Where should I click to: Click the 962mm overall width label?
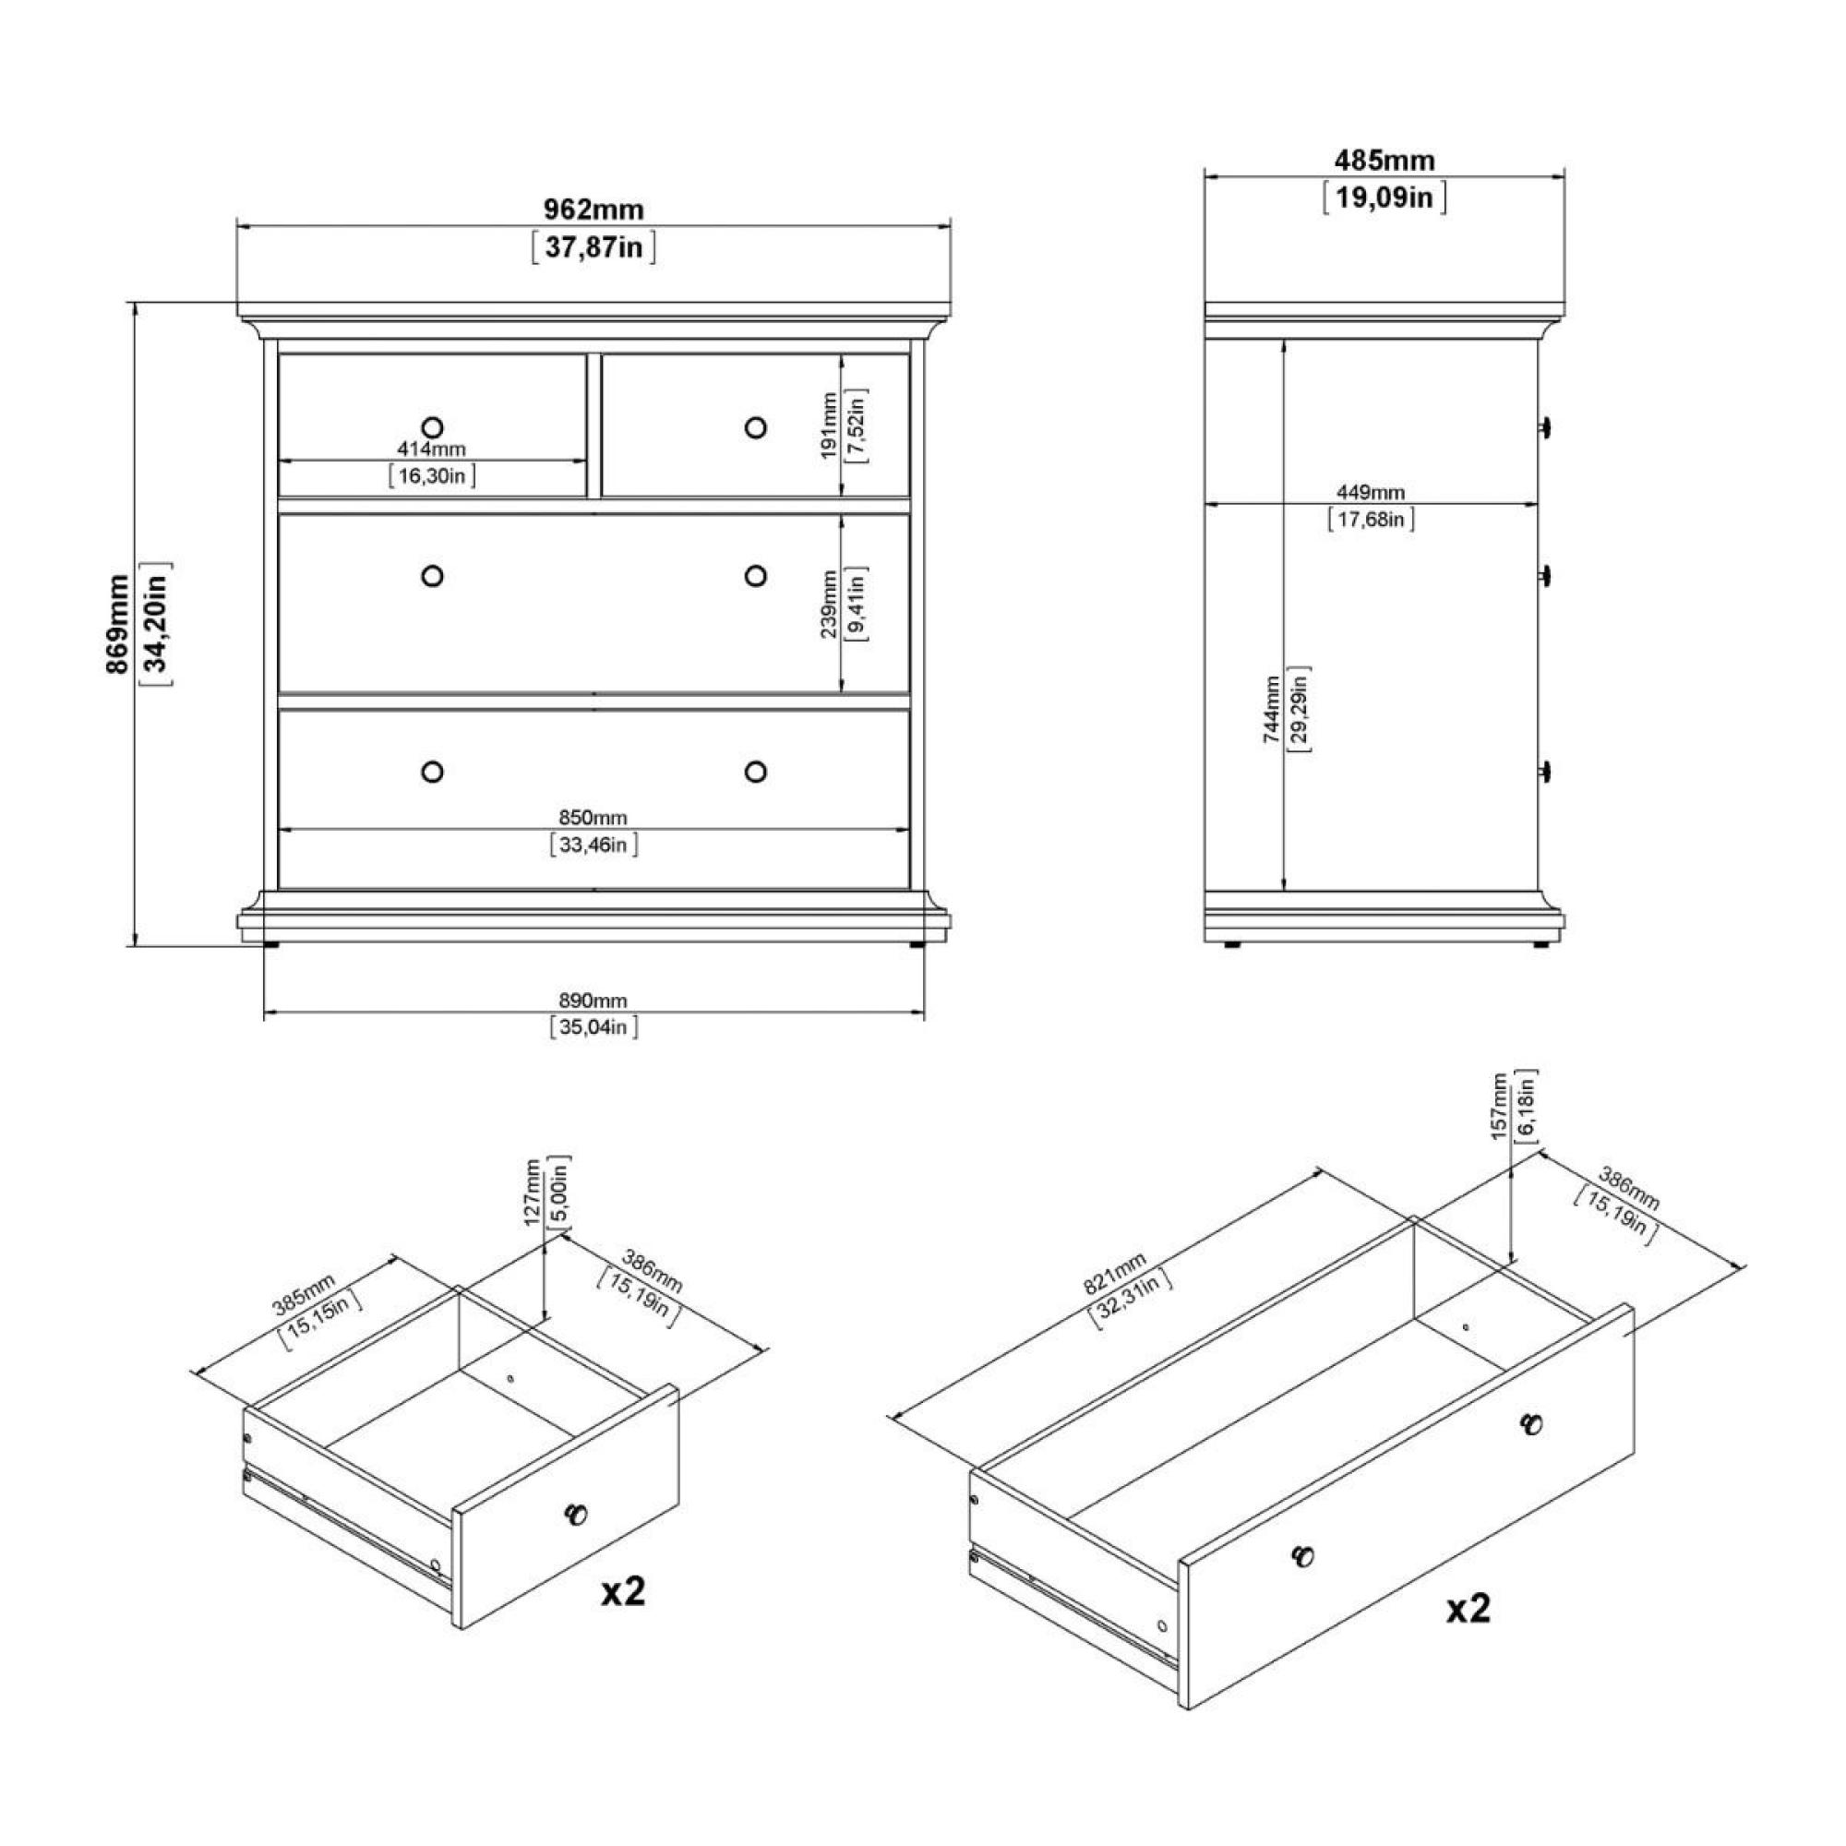click(593, 210)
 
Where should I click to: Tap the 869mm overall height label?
click(118, 624)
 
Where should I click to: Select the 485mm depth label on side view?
click(1384, 160)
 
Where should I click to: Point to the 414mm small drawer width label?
click(432, 450)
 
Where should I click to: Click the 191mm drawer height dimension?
click(830, 426)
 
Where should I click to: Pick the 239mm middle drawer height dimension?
click(830, 604)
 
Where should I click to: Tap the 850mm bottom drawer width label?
click(593, 817)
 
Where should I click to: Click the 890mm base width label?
click(593, 1001)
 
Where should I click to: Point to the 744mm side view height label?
click(1271, 709)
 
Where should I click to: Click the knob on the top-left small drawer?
click(432, 427)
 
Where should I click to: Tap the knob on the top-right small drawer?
click(756, 427)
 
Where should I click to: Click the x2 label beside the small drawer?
click(623, 1592)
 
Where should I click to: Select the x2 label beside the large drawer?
click(1468, 1609)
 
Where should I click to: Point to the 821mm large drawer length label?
click(1114, 1274)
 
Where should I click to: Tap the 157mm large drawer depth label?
click(1499, 1107)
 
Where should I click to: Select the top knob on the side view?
click(1545, 427)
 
